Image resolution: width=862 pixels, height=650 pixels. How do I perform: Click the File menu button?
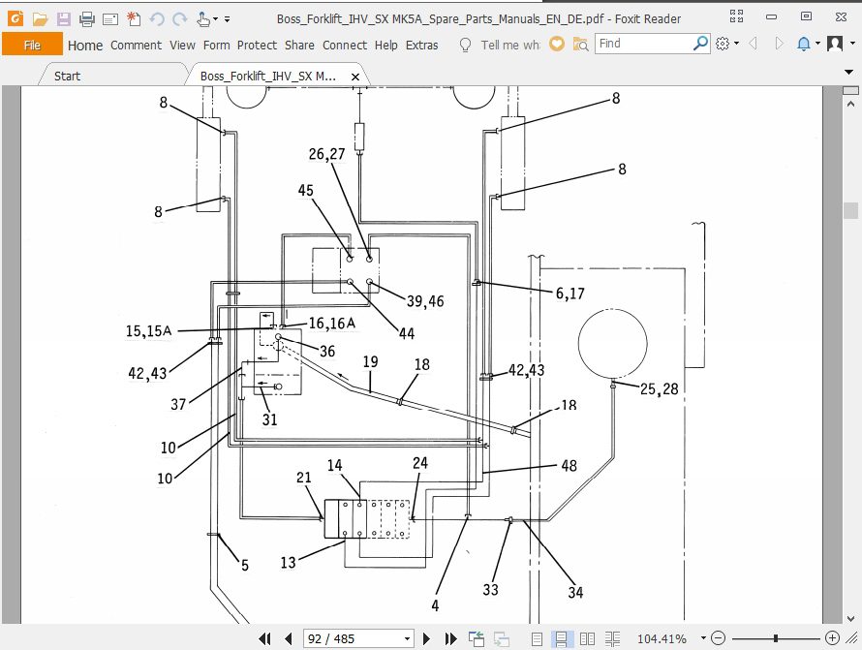[32, 45]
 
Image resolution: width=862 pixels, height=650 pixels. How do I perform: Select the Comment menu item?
[136, 45]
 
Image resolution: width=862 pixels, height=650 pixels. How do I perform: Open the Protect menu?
[257, 45]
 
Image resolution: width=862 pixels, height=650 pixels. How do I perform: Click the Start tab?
[68, 76]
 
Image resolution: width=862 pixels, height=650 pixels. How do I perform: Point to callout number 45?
[305, 190]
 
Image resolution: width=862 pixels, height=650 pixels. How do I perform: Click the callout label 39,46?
[425, 301]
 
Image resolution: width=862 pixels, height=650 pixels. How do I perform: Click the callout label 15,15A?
[148, 331]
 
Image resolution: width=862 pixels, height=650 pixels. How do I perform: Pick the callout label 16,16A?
[332, 323]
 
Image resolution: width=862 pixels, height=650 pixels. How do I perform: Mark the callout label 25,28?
[660, 388]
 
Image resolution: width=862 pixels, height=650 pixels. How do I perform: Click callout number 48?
[569, 466]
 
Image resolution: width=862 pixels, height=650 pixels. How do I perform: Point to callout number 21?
[304, 479]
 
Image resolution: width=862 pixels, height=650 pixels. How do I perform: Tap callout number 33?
[492, 588]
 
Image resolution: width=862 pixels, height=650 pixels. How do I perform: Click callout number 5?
[244, 565]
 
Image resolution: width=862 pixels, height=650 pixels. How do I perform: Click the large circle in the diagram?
[612, 345]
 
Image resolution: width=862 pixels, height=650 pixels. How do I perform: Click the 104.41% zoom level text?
[662, 638]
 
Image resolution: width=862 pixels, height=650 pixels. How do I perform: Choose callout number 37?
[178, 404]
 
